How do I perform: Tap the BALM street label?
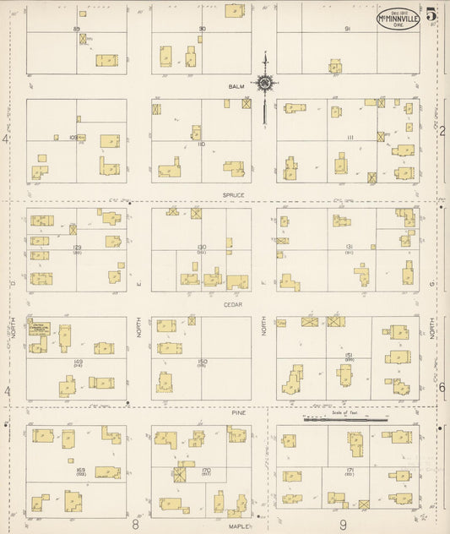pos(236,86)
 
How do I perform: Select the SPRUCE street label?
pos(234,195)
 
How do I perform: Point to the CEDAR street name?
pos(234,304)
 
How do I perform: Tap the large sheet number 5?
pos(431,14)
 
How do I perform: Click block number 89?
pos(76,29)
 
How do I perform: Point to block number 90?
pos(202,29)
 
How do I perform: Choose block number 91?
pos(347,29)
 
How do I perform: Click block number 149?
pos(78,361)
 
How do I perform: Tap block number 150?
pos(202,361)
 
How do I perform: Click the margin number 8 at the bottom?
pos(135,524)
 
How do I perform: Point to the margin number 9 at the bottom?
pos(344,524)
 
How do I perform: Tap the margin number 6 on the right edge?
pos(442,386)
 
